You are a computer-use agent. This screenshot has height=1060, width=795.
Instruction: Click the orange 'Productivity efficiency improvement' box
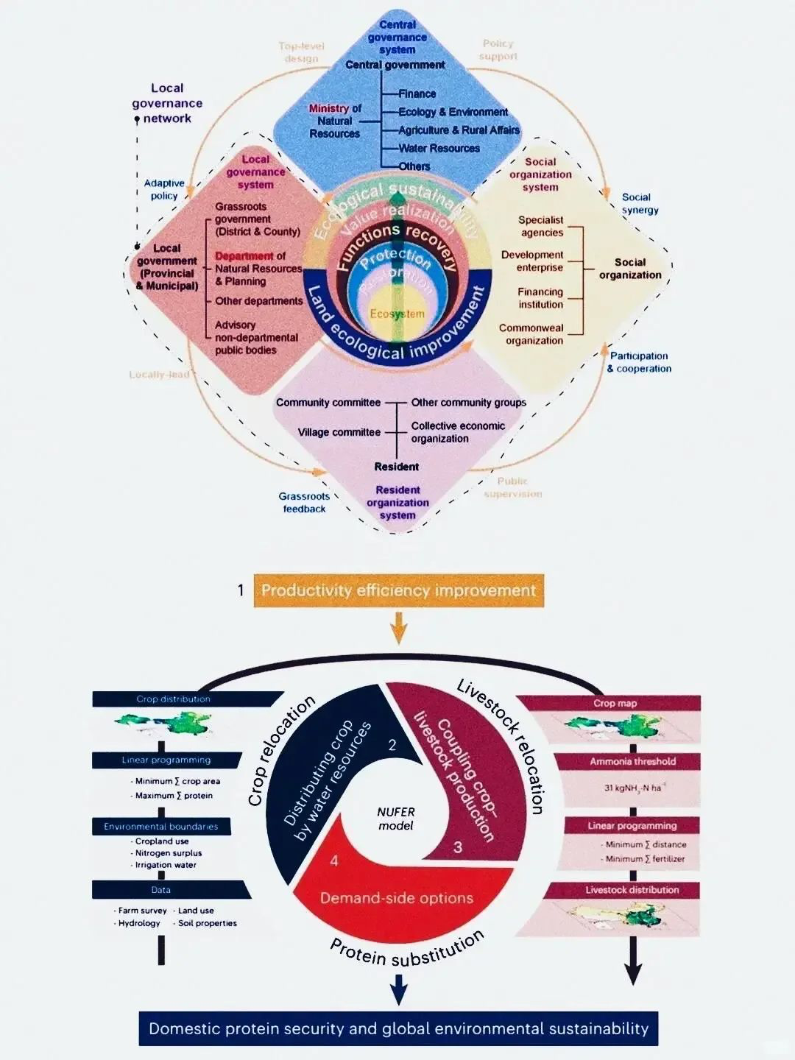pos(398,590)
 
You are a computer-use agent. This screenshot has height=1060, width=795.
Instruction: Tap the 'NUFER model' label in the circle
pos(396,819)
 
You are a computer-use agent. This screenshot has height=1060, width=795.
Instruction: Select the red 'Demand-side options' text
pos(396,898)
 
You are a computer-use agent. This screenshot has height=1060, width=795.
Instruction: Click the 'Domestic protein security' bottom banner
pos(398,1028)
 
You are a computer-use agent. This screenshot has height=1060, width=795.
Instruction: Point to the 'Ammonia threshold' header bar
pos(632,761)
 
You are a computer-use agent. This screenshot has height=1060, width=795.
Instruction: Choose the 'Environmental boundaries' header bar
pos(160,827)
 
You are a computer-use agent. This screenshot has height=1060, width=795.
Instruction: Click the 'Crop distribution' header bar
pos(174,699)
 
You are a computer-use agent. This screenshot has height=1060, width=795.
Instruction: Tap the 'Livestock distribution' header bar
pos(632,890)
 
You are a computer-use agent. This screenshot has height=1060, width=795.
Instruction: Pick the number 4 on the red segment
pos(334,861)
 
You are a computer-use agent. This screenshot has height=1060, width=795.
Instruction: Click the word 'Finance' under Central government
pos(417,94)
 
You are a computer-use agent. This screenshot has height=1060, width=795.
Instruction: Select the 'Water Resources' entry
pos(439,149)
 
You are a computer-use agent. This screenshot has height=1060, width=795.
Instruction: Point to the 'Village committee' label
pos(339,432)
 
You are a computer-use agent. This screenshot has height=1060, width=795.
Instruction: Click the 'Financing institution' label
pos(540,298)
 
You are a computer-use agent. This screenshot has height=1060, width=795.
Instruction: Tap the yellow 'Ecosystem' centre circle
pos(397,314)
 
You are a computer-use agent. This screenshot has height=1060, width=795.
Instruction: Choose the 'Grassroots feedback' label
pos(304,503)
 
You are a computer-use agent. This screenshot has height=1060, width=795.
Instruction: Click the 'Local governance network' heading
pos(167,103)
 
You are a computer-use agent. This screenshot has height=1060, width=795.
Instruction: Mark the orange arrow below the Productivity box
pos(398,628)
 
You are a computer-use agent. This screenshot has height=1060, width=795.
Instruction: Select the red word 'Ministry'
pos(328,108)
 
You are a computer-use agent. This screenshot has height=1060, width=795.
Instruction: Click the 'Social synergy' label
pos(639,203)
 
